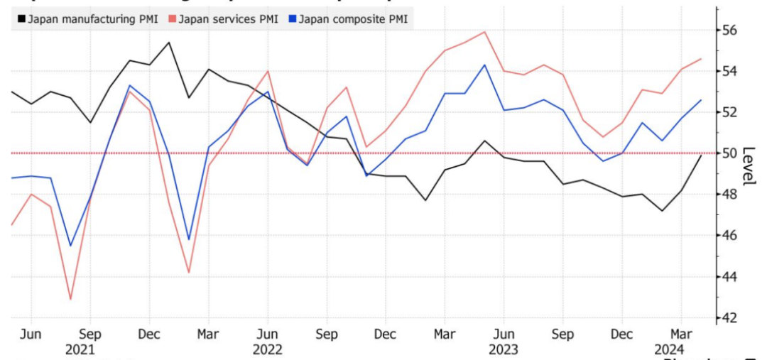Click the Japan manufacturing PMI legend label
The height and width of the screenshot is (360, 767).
[x=92, y=19]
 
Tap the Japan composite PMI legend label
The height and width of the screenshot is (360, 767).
[x=353, y=19]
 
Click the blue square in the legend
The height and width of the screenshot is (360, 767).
[x=292, y=19]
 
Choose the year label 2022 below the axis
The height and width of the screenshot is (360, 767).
[x=267, y=349]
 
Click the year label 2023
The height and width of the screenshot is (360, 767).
[x=503, y=349]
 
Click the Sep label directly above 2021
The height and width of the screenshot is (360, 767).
[x=89, y=334]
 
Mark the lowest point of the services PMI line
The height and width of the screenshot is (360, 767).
[x=70, y=300]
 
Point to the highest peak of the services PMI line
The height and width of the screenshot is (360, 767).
[x=484, y=31]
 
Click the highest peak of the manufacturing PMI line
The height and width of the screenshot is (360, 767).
[x=168, y=42]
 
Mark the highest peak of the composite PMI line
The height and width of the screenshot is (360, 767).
[x=484, y=65]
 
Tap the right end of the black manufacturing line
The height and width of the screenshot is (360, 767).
[x=702, y=155]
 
